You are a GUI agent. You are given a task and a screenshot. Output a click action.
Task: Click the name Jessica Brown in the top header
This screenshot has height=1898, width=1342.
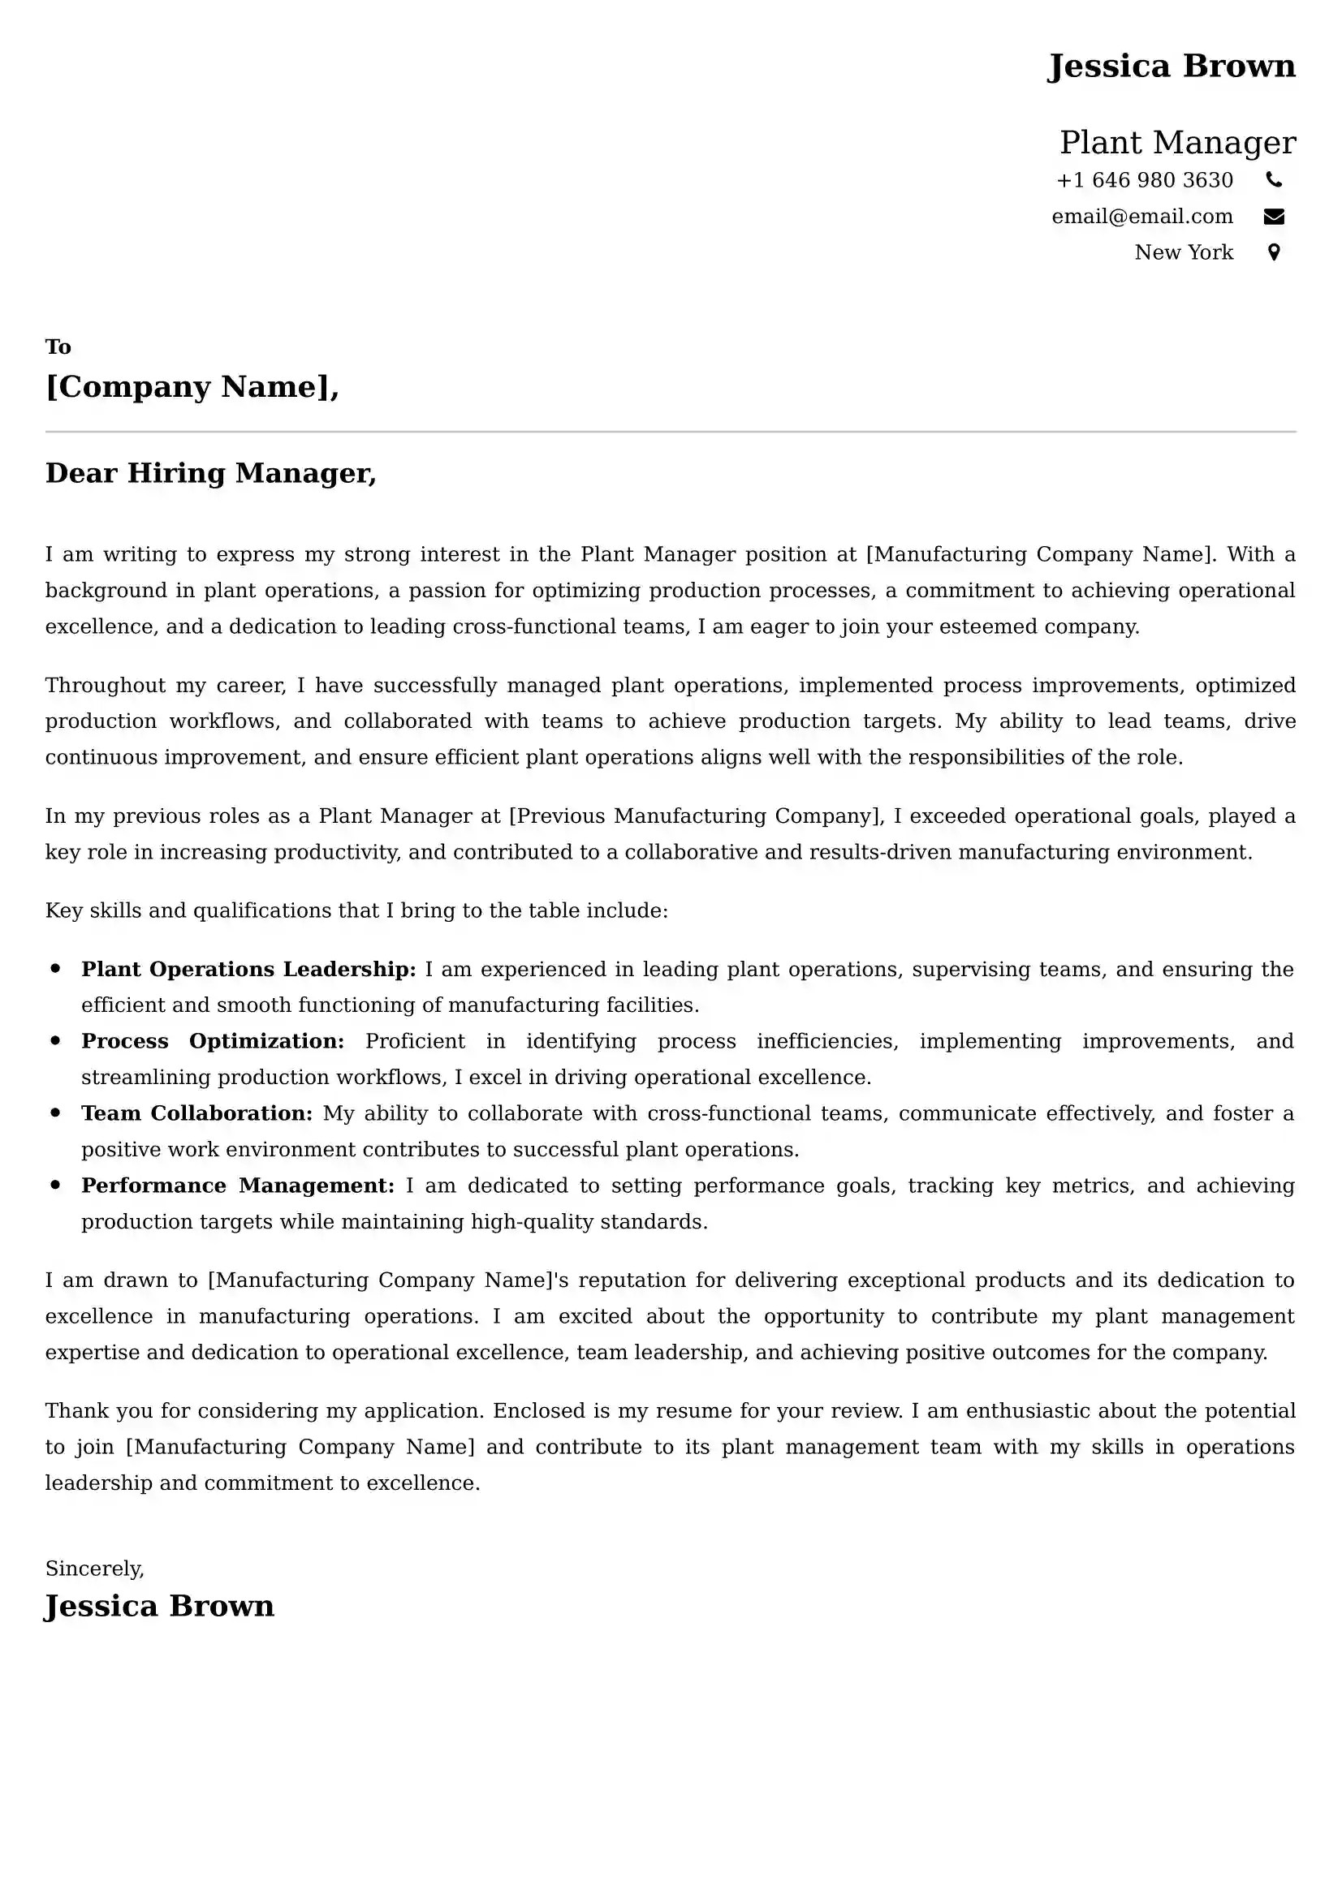[x=1171, y=66]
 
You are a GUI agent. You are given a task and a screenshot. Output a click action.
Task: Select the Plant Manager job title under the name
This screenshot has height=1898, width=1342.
[x=1177, y=143]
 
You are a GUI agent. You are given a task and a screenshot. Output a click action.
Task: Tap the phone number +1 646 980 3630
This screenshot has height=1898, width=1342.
[x=1145, y=180]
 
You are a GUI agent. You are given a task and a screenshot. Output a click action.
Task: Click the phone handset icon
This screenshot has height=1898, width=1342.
[x=1274, y=179]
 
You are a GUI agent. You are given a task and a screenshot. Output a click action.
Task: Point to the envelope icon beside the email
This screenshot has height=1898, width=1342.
[x=1274, y=217]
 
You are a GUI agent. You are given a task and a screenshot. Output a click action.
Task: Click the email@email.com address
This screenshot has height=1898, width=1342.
[x=1142, y=217]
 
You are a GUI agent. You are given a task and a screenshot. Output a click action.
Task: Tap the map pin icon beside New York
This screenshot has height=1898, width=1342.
[x=1274, y=253]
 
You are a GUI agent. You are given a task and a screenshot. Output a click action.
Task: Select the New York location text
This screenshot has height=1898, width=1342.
[x=1183, y=253]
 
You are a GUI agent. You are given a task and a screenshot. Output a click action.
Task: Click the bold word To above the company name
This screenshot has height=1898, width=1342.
[x=58, y=347]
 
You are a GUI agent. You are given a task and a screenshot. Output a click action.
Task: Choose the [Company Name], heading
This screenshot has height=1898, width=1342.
[x=192, y=387]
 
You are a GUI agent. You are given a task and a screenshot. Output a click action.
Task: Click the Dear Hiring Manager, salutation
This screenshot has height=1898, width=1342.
[x=211, y=474]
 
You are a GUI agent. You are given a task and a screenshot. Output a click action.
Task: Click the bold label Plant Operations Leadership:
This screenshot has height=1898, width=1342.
[x=248, y=970]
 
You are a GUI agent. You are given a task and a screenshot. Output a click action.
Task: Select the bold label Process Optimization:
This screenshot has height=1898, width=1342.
[x=213, y=1042]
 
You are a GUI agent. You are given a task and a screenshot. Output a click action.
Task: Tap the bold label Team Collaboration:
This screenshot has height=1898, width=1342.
[x=196, y=1113]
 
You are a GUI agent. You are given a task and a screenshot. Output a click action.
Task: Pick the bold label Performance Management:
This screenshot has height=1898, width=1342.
[x=238, y=1186]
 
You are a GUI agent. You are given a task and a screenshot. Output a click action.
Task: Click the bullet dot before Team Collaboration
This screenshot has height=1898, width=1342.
[x=55, y=1113]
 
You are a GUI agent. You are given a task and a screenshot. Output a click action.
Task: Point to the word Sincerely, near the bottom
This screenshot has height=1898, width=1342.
[x=95, y=1569]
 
